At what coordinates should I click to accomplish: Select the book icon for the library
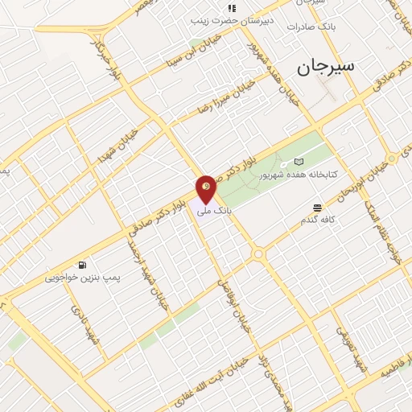pyautogui.click(x=299, y=161)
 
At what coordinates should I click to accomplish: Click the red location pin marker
pyautogui.click(x=206, y=190)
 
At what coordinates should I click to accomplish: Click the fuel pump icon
pyautogui.click(x=82, y=265)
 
